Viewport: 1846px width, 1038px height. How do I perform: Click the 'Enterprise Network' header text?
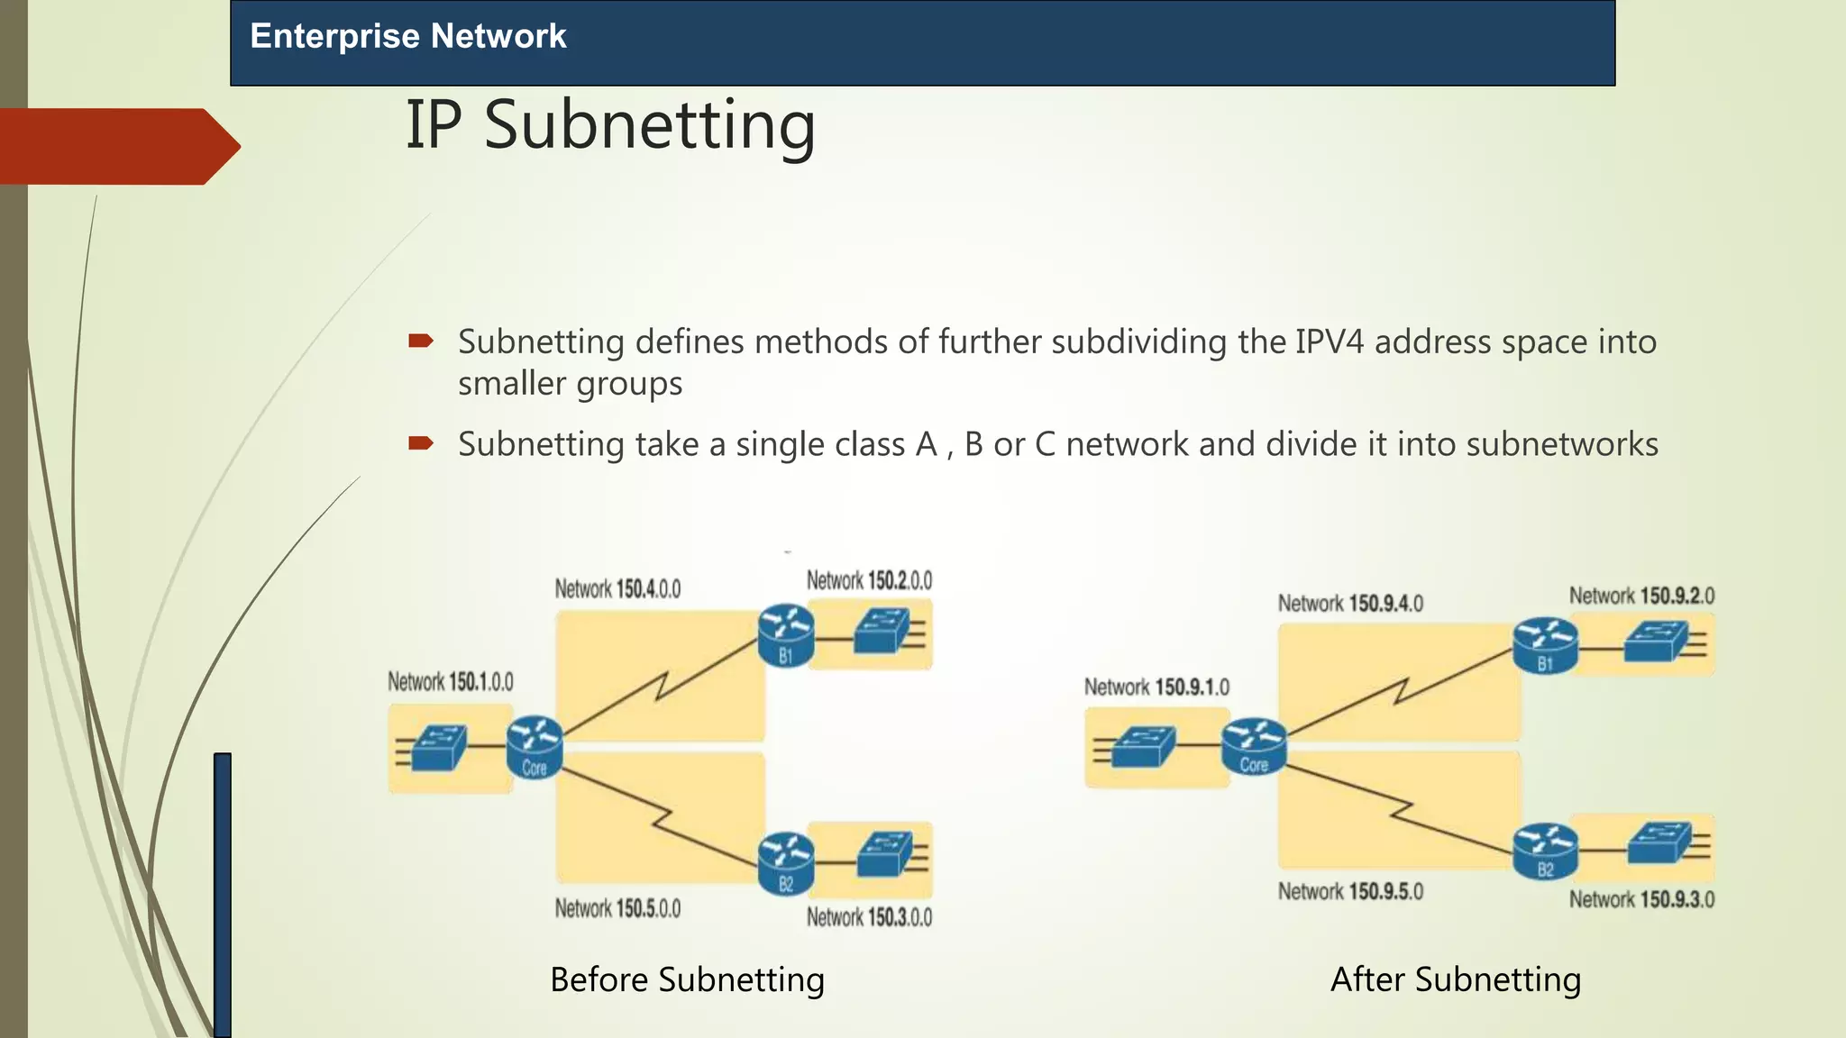[407, 36]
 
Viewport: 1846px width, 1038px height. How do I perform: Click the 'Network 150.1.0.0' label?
[451, 681]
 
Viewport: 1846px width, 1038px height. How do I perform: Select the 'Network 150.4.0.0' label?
[617, 589]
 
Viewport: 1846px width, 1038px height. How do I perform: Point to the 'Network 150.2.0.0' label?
[869, 580]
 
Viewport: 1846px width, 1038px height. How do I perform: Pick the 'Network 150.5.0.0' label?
[617, 908]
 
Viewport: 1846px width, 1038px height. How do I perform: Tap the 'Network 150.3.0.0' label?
[869, 917]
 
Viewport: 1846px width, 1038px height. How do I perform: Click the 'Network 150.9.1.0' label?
[1156, 687]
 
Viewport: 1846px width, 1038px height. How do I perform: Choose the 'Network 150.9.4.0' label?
[1350, 603]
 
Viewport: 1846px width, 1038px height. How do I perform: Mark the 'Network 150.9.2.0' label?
[1641, 596]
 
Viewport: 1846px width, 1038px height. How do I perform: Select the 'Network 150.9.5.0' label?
[1350, 892]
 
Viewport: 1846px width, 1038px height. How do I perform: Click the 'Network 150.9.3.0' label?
[1641, 899]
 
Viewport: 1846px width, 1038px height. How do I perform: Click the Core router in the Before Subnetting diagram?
[535, 746]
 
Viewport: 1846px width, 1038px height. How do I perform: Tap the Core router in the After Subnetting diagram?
[1254, 746]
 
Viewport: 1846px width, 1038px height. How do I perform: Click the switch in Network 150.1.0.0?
[437, 747]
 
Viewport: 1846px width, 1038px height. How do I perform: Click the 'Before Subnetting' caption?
[687, 979]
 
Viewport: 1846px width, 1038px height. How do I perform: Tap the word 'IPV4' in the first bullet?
[1330, 342]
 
